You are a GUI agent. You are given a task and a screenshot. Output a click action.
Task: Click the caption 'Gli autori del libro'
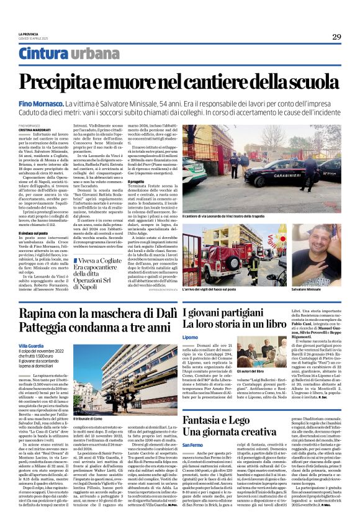[x=254, y=370]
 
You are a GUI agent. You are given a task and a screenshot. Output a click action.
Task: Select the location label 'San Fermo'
[x=193, y=444]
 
